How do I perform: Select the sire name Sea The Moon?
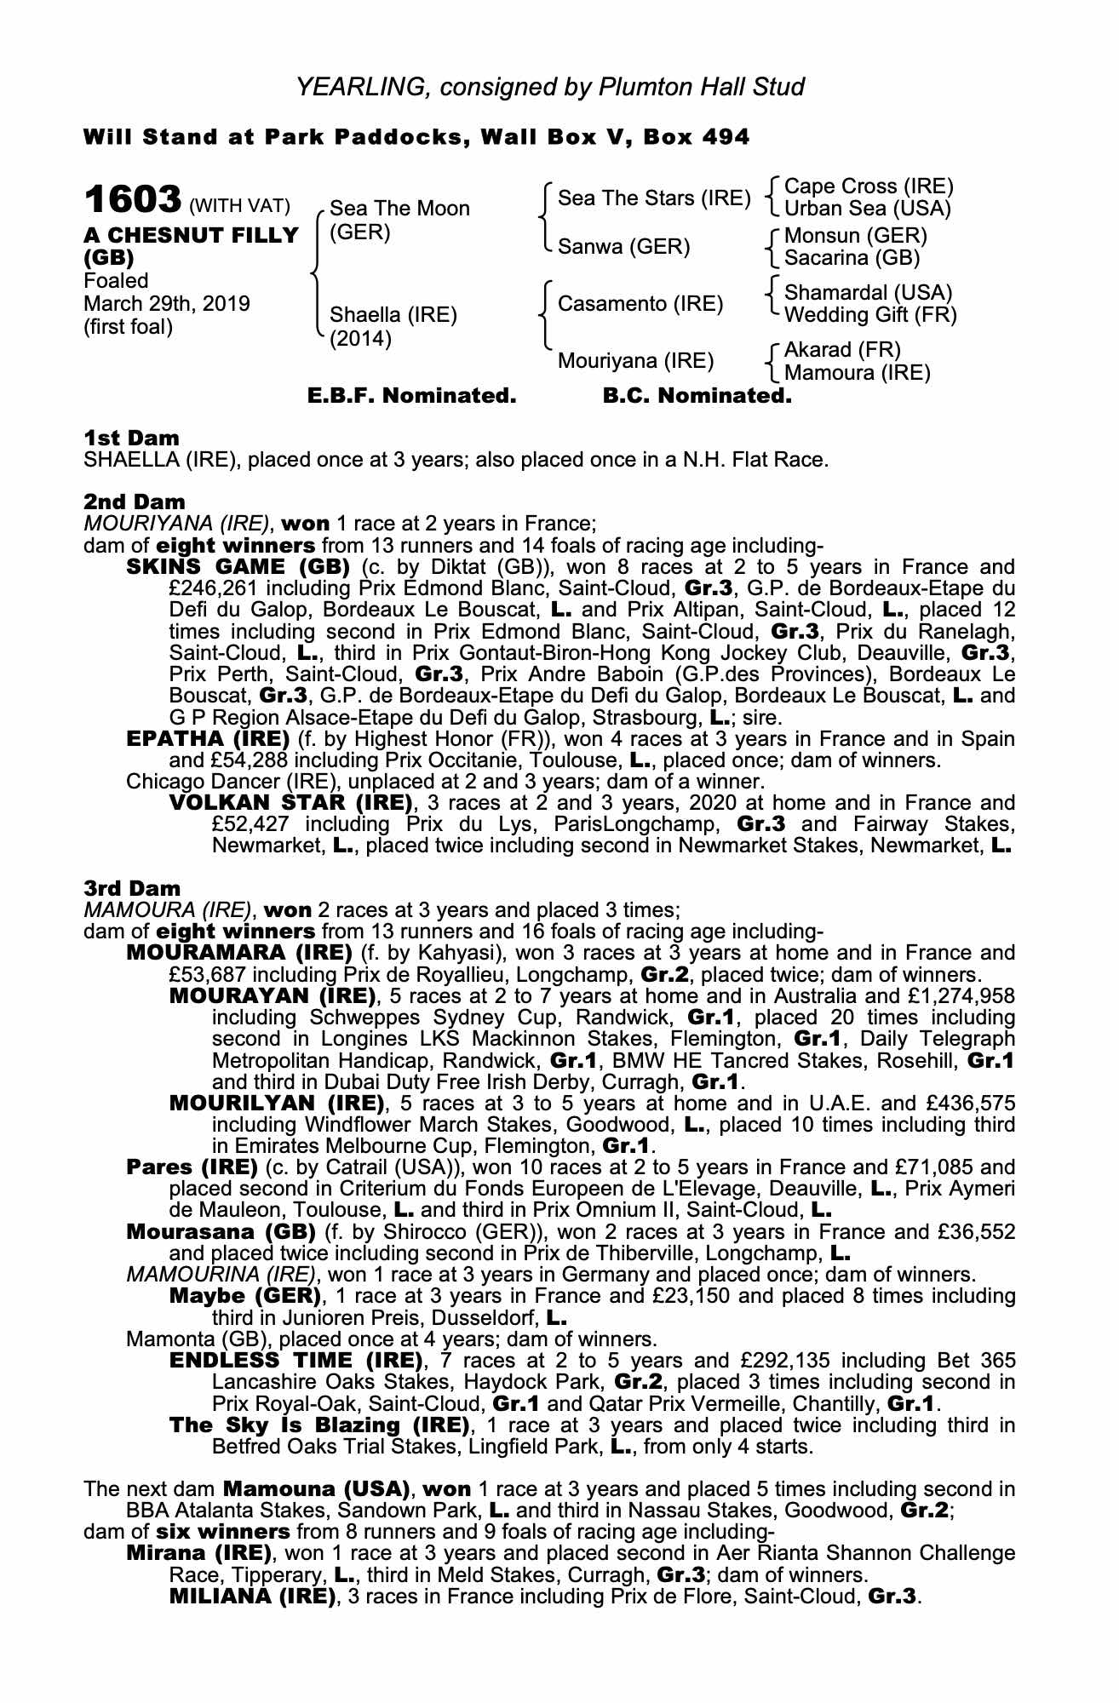[399, 209]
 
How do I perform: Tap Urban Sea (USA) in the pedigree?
[867, 209]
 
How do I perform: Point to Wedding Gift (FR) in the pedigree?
[870, 315]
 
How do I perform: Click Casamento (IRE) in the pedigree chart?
[640, 303]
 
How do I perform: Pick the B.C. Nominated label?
[697, 396]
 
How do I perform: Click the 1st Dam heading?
[132, 439]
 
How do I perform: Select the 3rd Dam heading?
[132, 888]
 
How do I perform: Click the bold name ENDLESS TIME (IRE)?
[296, 1360]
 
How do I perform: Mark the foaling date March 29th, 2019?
[167, 304]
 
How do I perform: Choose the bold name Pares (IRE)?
[192, 1167]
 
